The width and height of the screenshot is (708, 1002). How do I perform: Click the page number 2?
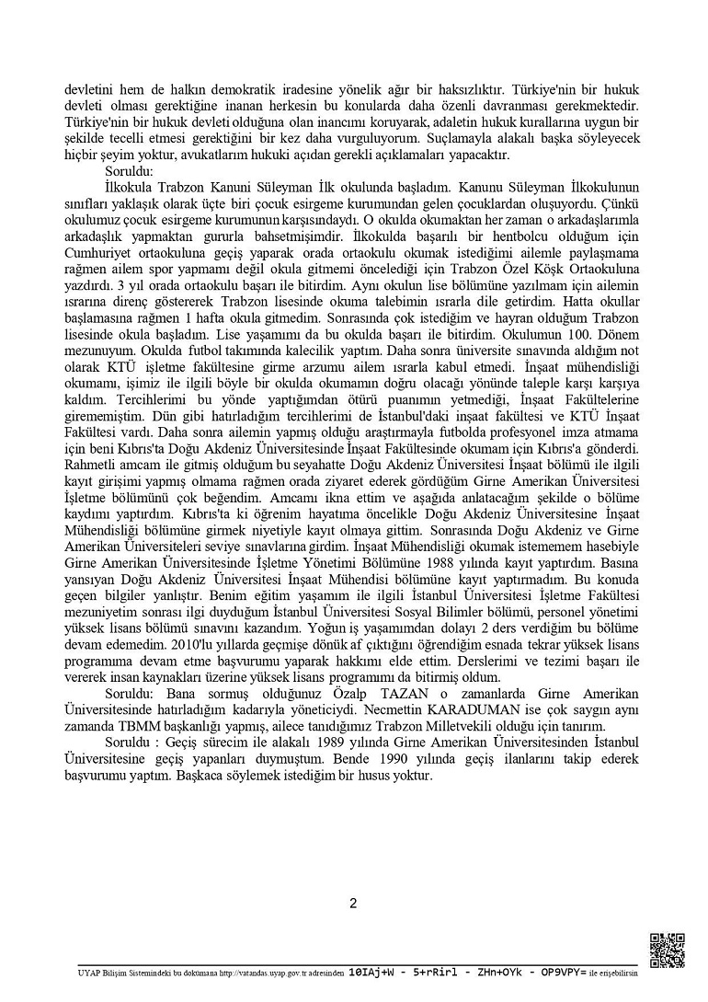(x=353, y=903)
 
